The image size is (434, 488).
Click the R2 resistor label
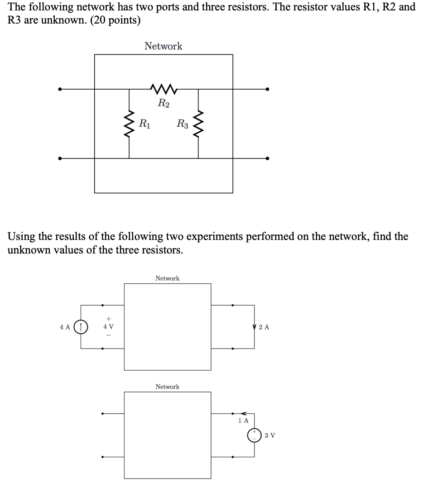(164, 103)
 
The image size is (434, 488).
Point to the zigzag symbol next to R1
(129, 123)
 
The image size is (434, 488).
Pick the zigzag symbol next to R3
(198, 123)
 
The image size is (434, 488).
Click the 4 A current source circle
(82, 326)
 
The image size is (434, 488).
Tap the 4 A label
(65, 326)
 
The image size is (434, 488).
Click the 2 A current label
(265, 327)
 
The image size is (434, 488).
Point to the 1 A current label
(243, 421)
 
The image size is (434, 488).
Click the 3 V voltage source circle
(254, 435)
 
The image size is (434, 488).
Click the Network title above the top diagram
(163, 46)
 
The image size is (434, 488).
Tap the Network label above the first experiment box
(167, 278)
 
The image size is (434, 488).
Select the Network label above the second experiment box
(167, 387)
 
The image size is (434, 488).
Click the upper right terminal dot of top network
(267, 89)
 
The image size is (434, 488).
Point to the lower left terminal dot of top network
(59, 158)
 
